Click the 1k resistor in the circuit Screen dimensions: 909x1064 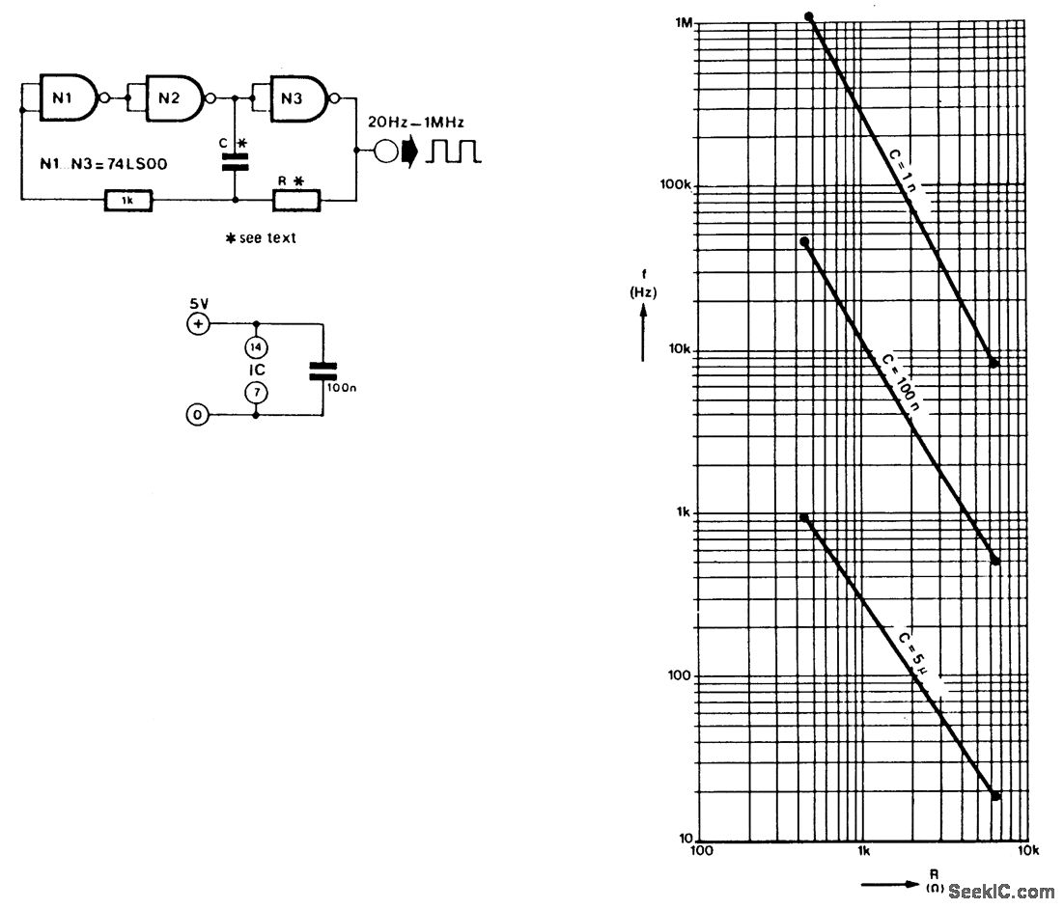tap(128, 200)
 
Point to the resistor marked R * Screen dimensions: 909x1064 tap(296, 200)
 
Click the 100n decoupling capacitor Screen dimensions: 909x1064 tap(322, 371)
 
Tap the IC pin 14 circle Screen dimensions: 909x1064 tap(256, 346)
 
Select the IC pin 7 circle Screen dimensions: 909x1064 tap(256, 392)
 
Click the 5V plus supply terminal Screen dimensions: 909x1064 tap(198, 324)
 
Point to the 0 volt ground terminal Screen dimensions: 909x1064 tap(198, 415)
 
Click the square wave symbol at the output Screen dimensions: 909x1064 tap(456, 151)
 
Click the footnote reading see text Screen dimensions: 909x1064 tap(262, 238)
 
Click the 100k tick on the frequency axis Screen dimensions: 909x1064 tap(676, 185)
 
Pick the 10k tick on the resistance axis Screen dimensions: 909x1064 tap(1027, 852)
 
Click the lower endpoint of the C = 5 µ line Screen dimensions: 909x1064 tap(995, 795)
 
